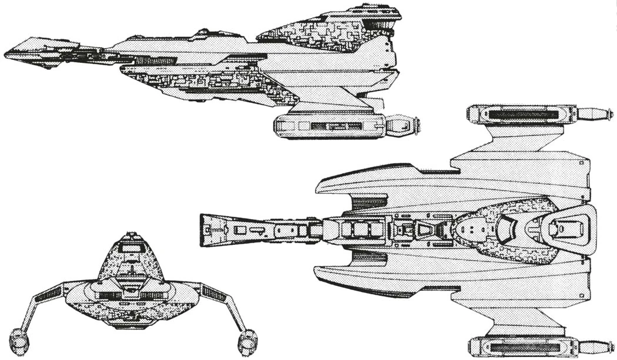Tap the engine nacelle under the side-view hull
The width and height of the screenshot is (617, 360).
click(x=329, y=126)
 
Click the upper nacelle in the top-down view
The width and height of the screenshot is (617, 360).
click(x=520, y=114)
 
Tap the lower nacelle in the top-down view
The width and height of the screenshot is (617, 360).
click(x=520, y=347)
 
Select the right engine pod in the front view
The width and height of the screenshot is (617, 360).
click(x=247, y=341)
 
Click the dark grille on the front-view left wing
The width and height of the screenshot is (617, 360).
click(x=48, y=294)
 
